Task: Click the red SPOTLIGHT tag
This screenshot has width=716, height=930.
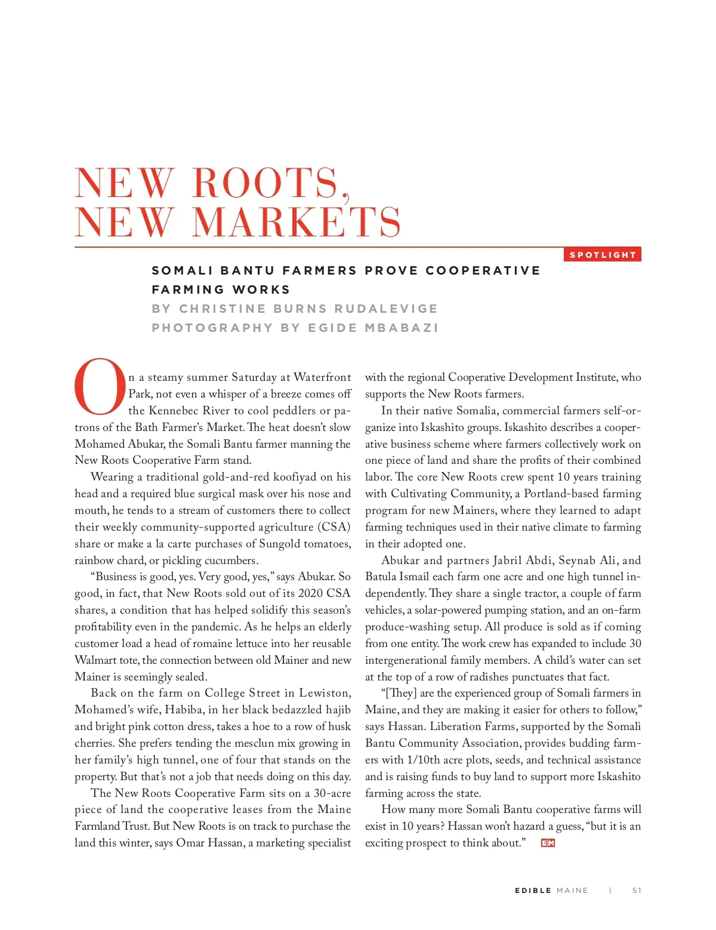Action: click(x=603, y=255)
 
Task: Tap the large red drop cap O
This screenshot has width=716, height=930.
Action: click(x=100, y=387)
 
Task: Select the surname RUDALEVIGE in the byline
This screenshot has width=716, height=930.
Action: click(x=385, y=309)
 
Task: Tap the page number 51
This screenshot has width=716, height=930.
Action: click(x=637, y=891)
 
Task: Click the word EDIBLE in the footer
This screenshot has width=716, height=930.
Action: click(x=533, y=891)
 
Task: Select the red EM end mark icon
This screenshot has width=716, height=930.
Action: click(x=548, y=843)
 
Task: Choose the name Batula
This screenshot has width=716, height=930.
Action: click(x=381, y=577)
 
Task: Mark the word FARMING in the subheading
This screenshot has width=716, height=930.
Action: click(x=187, y=290)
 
